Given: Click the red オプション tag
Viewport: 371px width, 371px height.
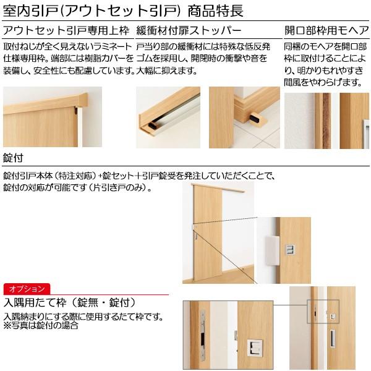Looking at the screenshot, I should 27,289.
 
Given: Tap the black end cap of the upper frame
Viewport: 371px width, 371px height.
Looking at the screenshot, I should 75,112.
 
